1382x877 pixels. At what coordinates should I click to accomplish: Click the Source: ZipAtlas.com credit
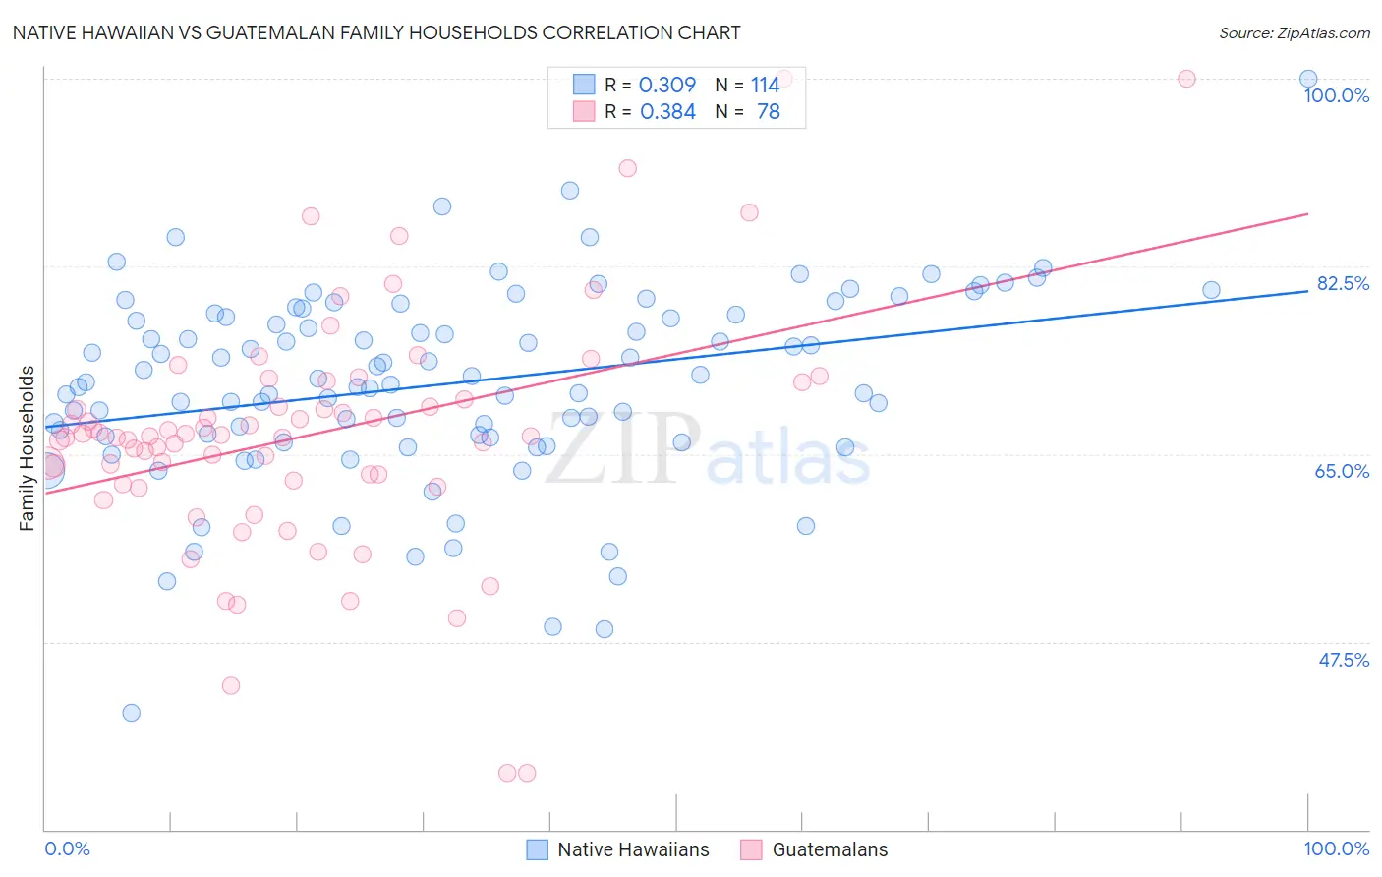[x=1294, y=32]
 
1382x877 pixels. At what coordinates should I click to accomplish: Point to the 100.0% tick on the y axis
[x=1336, y=95]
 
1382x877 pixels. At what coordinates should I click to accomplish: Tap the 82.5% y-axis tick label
[x=1342, y=283]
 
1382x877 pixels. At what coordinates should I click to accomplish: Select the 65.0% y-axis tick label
[x=1342, y=471]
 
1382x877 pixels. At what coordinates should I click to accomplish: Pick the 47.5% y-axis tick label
[x=1343, y=660]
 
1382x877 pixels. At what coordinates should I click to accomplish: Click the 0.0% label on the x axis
[x=67, y=848]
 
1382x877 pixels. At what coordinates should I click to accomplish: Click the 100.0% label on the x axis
[x=1336, y=848]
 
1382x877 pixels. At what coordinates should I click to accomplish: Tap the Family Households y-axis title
[x=28, y=448]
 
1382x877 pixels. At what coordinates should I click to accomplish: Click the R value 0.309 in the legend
[x=667, y=86]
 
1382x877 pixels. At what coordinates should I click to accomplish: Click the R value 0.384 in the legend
[x=667, y=112]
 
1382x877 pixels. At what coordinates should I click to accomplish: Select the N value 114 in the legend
[x=765, y=86]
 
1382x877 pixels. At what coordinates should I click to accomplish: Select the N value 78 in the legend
[x=768, y=112]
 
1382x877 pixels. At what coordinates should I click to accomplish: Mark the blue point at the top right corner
[x=1307, y=79]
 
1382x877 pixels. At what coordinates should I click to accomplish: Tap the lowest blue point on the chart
[x=131, y=713]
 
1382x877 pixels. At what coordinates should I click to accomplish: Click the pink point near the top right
[x=1186, y=79]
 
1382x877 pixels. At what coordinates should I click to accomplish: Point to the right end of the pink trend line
[x=1307, y=213]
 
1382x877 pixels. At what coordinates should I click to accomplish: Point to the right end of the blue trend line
[x=1307, y=291]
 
